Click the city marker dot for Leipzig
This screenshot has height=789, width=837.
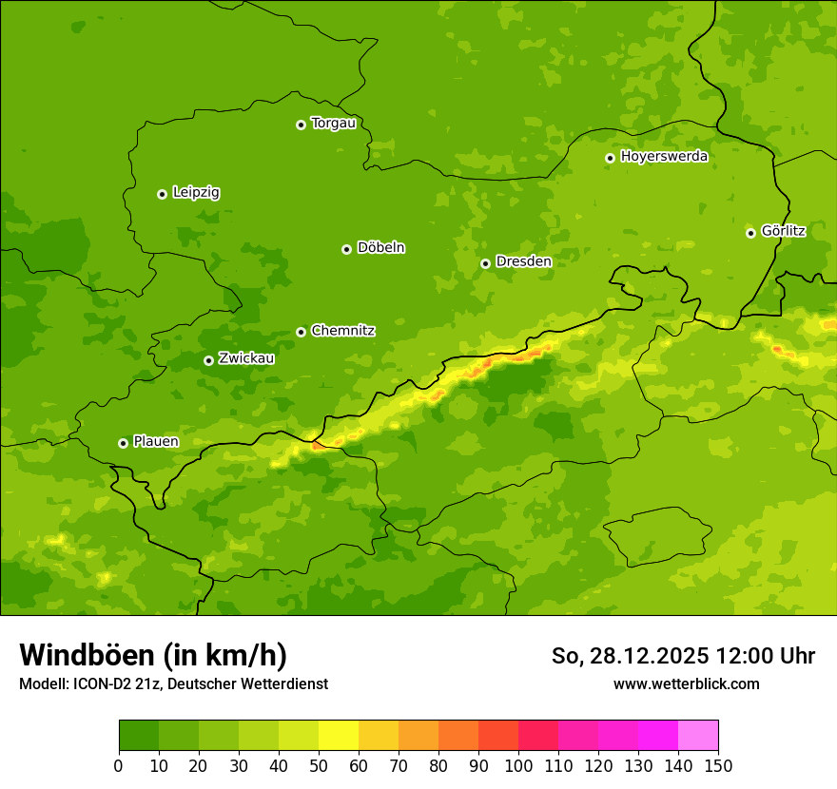point(162,194)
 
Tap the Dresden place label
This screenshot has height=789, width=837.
point(523,261)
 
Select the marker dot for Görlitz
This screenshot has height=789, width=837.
point(750,233)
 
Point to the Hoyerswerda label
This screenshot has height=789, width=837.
point(664,157)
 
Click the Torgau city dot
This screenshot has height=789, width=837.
point(301,125)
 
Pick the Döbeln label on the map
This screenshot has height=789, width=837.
point(380,248)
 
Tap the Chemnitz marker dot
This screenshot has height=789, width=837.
point(301,332)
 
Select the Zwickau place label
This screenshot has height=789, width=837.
point(246,358)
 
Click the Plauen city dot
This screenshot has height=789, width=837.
point(123,443)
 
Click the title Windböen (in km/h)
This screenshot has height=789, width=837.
point(152,656)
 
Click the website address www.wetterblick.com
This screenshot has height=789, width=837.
point(686,683)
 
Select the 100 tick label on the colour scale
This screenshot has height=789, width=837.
point(518,765)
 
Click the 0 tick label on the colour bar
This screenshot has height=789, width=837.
point(119,765)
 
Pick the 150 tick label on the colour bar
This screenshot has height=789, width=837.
point(718,765)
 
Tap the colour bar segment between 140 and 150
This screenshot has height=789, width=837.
point(698,736)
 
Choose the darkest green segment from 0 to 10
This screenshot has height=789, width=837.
point(139,736)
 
